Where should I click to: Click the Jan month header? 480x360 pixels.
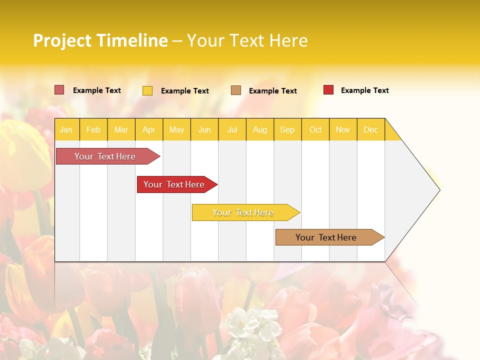[66, 129]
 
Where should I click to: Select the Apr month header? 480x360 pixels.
[148, 129]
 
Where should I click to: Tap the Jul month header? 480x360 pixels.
[232, 129]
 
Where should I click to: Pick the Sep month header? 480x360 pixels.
[287, 129]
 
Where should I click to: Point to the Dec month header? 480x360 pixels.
[370, 129]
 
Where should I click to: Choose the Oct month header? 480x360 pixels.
[315, 129]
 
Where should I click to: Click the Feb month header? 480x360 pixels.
[93, 129]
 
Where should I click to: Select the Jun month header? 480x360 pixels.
[204, 129]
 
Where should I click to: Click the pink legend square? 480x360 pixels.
[59, 90]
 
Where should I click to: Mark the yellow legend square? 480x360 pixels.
[147, 90]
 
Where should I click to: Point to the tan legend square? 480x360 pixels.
[236, 90]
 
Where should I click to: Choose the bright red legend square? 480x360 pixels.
[328, 90]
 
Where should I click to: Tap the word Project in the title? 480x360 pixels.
[62, 40]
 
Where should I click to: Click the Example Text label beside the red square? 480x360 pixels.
[364, 90]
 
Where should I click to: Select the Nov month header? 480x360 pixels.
[342, 129]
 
